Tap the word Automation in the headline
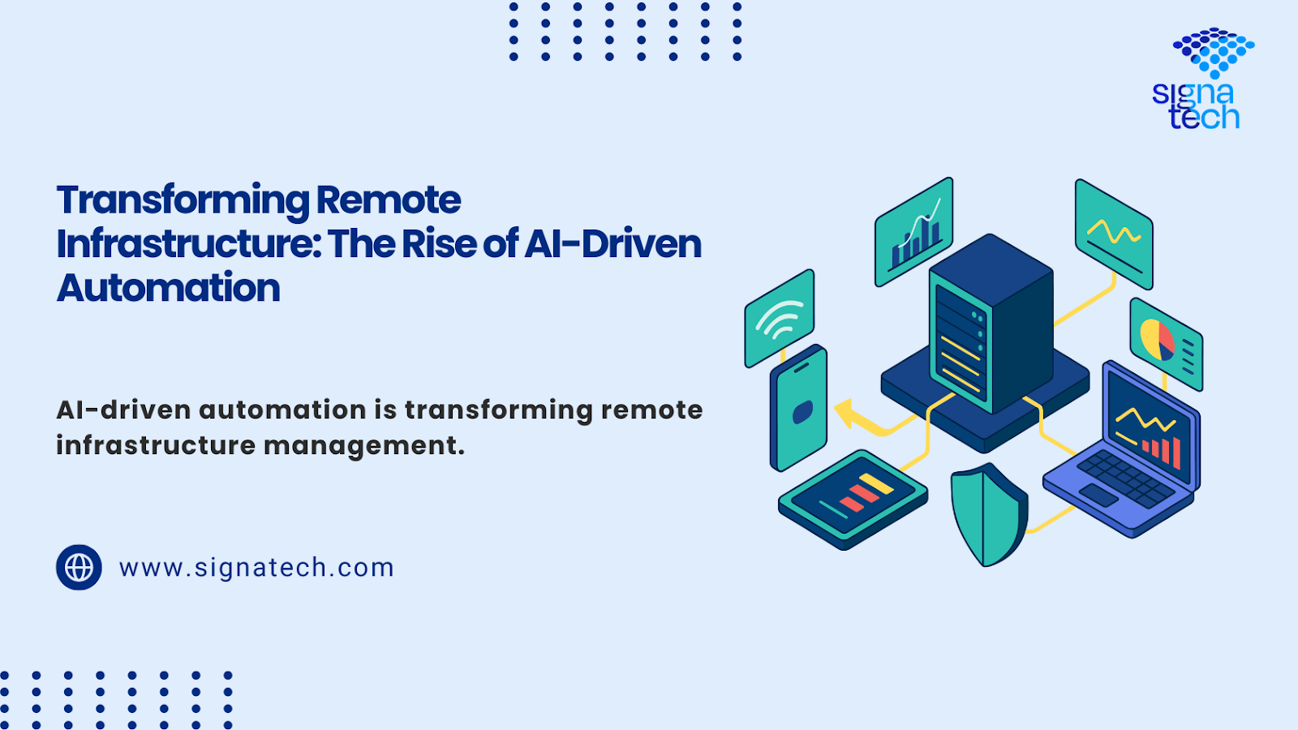(x=168, y=288)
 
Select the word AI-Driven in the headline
(x=613, y=244)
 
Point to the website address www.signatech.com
(x=256, y=567)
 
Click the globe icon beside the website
(x=79, y=567)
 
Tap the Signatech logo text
(x=1196, y=105)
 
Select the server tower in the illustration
(x=991, y=324)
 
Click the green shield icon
(x=989, y=514)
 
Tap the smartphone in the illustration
(x=798, y=408)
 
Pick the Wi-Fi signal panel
(x=780, y=318)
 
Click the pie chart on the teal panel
(x=1157, y=340)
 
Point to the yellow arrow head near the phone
(x=846, y=412)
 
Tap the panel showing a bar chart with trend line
(x=913, y=232)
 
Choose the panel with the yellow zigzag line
(x=1114, y=234)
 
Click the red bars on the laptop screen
(x=1162, y=451)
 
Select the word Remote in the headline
(x=389, y=200)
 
